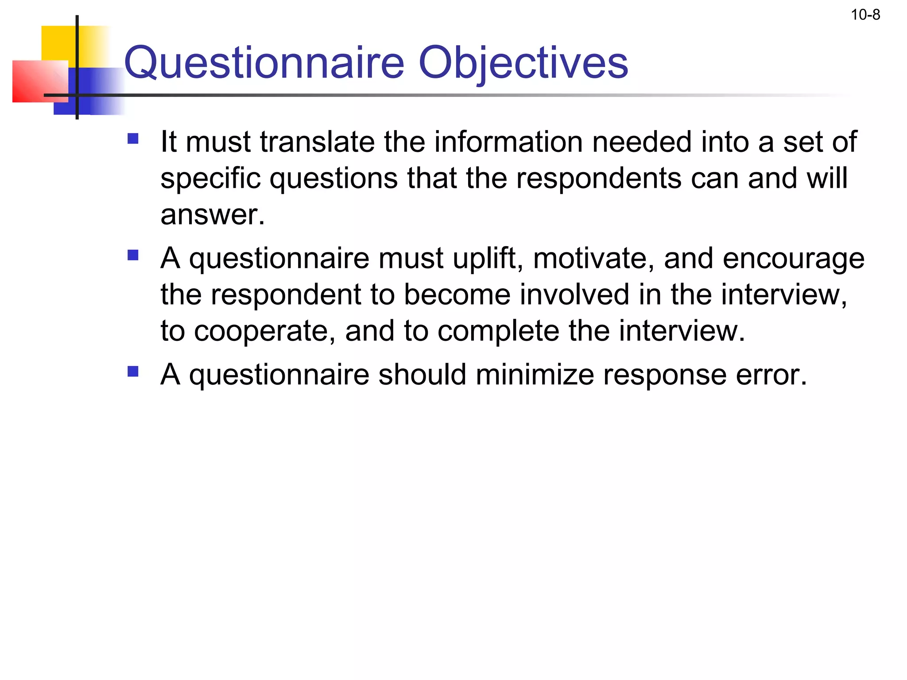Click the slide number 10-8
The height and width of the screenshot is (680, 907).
pyautogui.click(x=865, y=15)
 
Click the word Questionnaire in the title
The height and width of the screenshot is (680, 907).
pyautogui.click(x=264, y=63)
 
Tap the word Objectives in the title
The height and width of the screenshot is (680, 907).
pyautogui.click(x=523, y=63)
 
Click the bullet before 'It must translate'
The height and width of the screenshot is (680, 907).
pyautogui.click(x=133, y=139)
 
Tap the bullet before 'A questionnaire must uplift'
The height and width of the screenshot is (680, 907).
pyautogui.click(x=133, y=255)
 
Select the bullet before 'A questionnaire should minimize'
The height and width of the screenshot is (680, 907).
pyautogui.click(x=133, y=371)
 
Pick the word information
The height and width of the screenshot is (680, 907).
pyautogui.click(x=508, y=142)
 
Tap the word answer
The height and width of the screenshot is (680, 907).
pyautogui.click(x=212, y=215)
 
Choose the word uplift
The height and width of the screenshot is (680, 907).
pyautogui.click(x=487, y=259)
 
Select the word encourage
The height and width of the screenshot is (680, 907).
pyautogui.click(x=793, y=259)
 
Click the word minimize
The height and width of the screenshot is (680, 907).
pyautogui.click(x=535, y=375)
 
